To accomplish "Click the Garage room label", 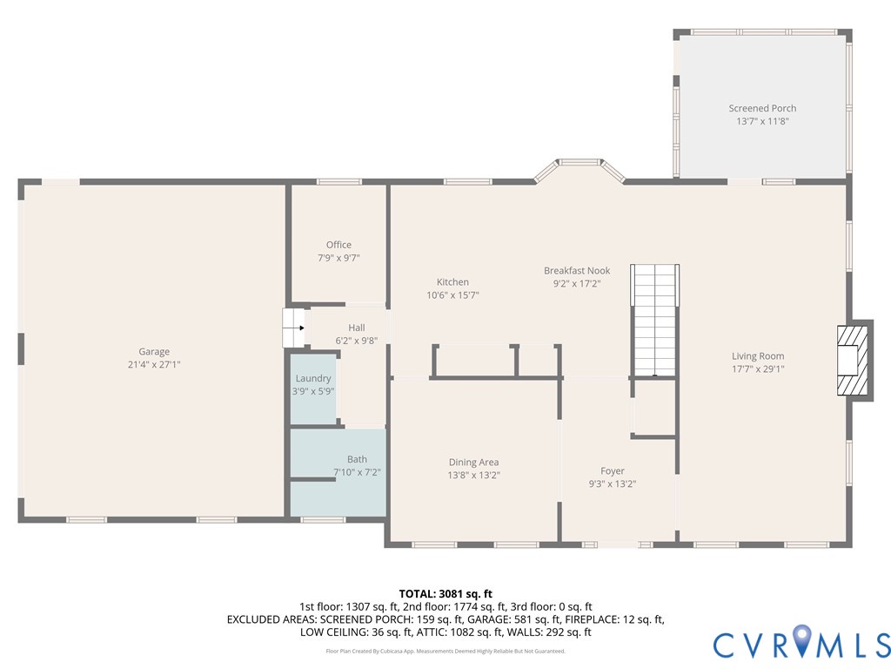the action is click(154, 352).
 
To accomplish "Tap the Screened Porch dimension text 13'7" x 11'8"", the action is click(762, 121).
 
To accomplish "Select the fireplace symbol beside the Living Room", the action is click(853, 360).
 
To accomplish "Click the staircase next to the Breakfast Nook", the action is click(654, 321).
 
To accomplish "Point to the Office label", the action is click(338, 245).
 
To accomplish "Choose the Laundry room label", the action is click(313, 378).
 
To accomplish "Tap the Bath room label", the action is click(357, 459).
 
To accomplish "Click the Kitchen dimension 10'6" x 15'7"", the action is click(452, 295).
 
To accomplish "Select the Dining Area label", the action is click(473, 463).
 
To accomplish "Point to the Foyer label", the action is click(613, 471).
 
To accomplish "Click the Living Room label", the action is click(758, 356).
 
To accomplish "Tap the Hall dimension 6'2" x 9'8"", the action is click(356, 341).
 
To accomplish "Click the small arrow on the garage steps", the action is click(302, 328).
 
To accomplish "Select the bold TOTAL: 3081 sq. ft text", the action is click(445, 594).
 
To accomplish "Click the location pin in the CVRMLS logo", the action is click(801, 640).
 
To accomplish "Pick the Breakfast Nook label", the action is click(577, 271).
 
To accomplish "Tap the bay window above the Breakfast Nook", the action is click(579, 170).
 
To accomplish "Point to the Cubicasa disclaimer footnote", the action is click(445, 651).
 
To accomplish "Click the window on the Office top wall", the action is click(339, 182).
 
